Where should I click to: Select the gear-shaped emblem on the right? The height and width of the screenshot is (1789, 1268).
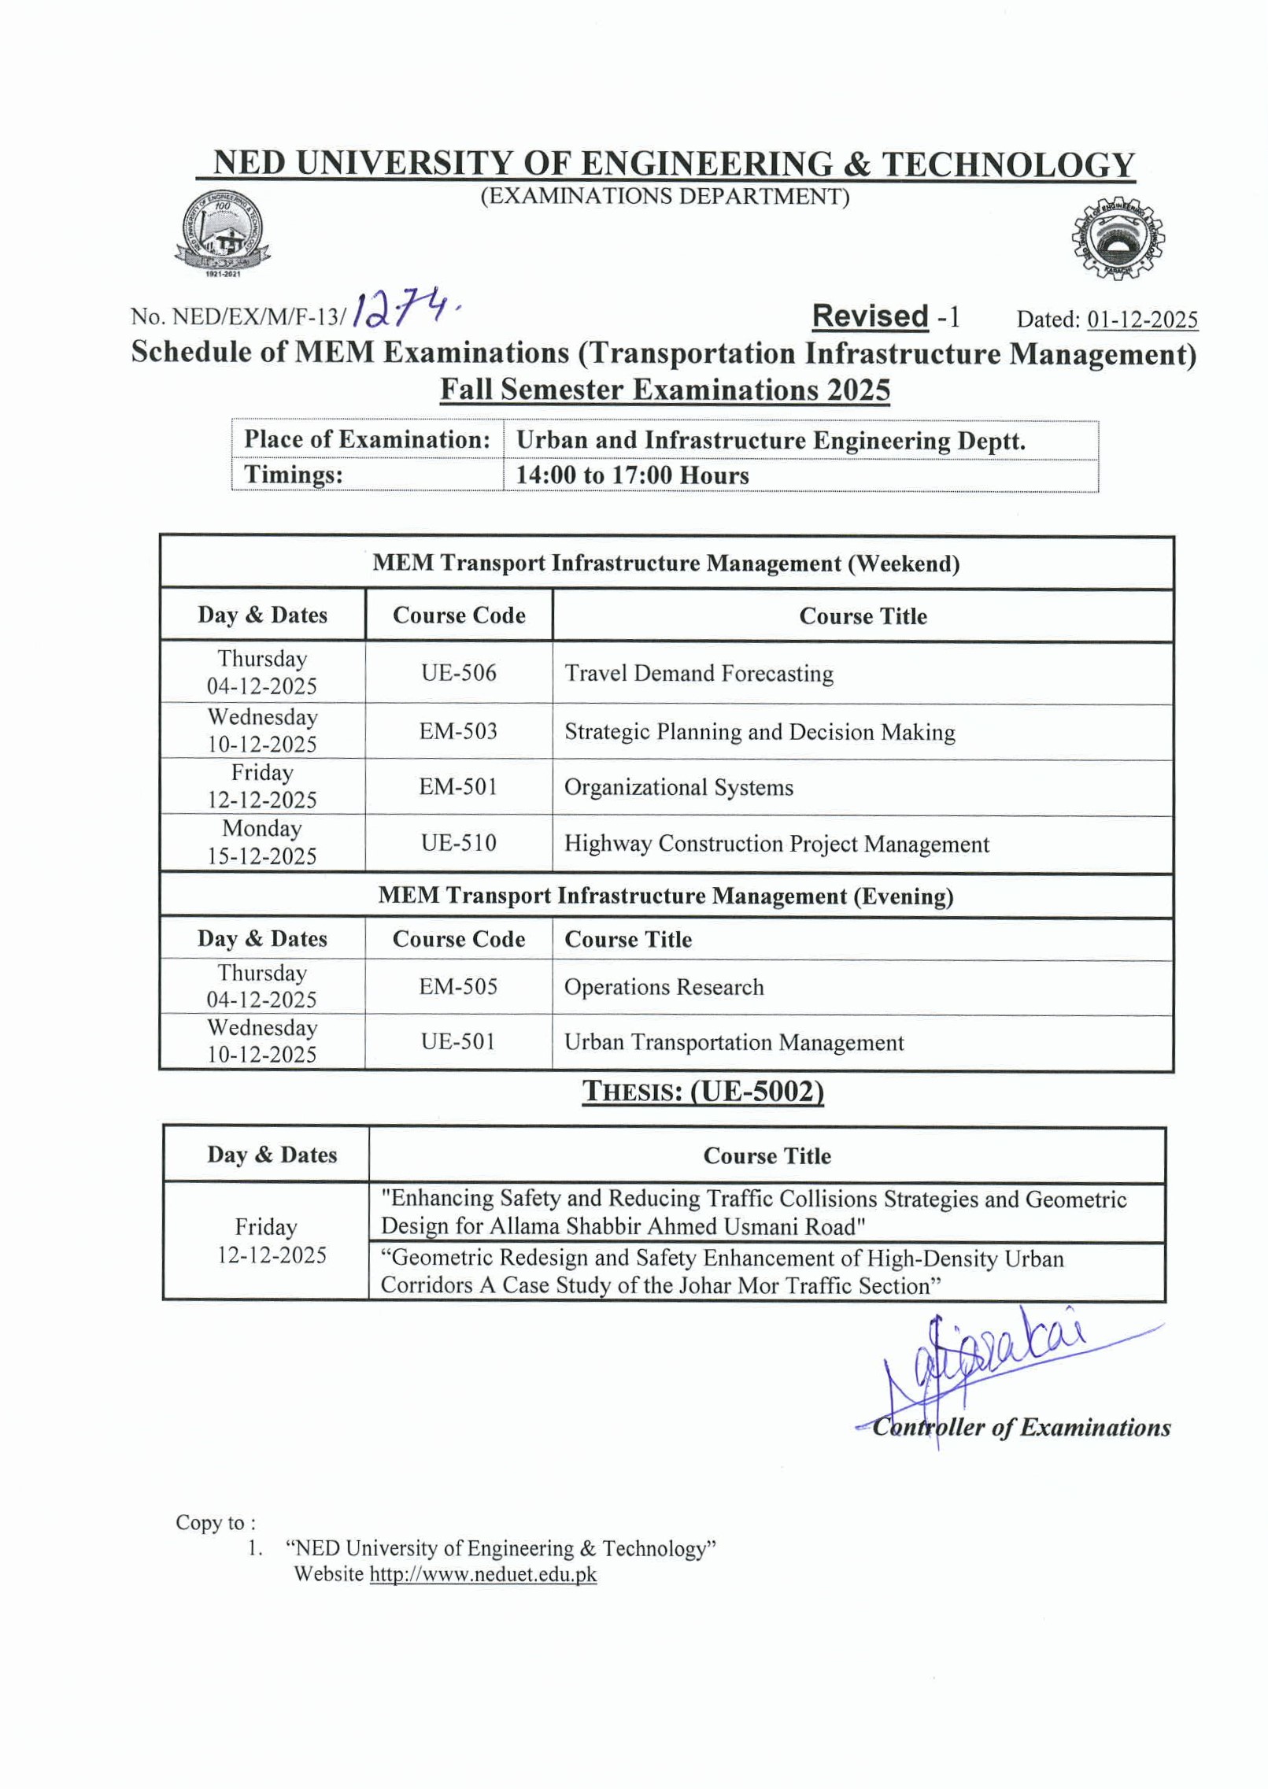click(1117, 238)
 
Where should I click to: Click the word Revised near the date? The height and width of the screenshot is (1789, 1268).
click(870, 316)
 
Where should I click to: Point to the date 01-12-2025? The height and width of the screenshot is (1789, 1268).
click(1142, 320)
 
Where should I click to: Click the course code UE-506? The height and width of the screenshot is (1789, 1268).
click(458, 673)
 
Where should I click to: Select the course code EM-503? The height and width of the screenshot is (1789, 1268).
click(458, 731)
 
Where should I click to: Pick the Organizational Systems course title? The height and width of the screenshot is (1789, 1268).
click(678, 787)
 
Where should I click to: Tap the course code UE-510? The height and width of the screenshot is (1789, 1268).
click(458, 843)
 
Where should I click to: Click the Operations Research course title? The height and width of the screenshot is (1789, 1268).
click(664, 987)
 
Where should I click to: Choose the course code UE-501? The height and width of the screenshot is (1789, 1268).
click(458, 1042)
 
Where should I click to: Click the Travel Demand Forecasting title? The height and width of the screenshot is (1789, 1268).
click(699, 674)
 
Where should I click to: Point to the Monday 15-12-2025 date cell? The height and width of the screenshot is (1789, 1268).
click(262, 842)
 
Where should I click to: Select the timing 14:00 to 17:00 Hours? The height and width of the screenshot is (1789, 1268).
click(632, 475)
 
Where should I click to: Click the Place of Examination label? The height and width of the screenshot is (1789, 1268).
click(367, 439)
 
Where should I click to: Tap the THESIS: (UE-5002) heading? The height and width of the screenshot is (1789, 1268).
click(703, 1092)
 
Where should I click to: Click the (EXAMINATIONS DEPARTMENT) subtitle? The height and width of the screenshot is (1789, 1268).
click(665, 196)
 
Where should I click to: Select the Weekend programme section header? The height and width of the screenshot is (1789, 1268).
click(666, 563)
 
